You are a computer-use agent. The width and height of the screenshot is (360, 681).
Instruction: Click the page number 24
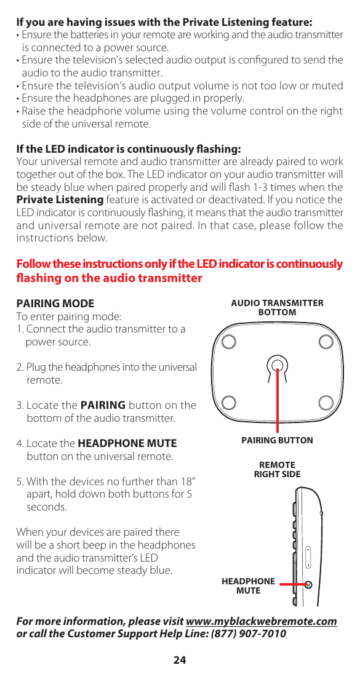(x=179, y=661)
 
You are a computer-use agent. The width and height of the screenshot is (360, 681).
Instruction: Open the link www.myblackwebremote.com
(x=261, y=621)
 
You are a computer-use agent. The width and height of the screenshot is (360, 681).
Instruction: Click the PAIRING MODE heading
(x=55, y=304)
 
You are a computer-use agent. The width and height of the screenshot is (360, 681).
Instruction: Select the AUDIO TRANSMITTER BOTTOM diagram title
(x=277, y=308)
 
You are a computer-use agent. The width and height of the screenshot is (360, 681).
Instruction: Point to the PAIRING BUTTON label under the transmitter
(x=277, y=440)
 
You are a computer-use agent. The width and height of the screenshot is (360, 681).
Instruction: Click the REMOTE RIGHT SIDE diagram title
(x=277, y=469)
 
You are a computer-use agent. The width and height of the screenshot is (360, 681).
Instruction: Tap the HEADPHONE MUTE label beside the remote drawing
(x=248, y=586)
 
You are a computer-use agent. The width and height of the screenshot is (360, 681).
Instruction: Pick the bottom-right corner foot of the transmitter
(x=326, y=403)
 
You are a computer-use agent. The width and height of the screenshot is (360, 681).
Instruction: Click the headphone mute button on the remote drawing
(x=309, y=584)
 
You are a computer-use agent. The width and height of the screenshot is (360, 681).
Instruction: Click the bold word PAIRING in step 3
(x=103, y=405)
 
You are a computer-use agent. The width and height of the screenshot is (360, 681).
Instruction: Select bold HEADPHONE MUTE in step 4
(x=127, y=443)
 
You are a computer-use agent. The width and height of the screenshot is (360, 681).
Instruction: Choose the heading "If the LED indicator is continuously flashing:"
(x=128, y=149)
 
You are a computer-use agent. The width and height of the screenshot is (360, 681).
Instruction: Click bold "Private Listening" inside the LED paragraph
(x=60, y=199)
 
